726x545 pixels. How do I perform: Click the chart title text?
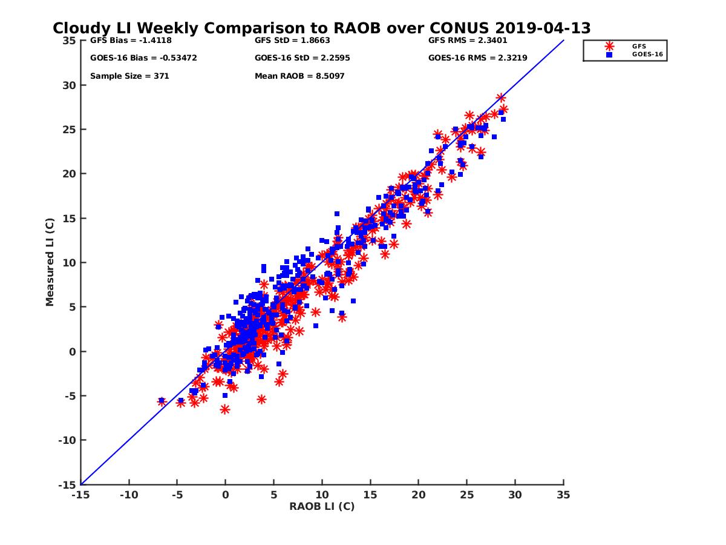point(321,28)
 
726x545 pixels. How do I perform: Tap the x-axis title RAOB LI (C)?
point(321,506)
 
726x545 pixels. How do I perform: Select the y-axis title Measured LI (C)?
point(50,263)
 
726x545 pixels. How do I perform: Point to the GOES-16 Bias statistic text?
point(143,58)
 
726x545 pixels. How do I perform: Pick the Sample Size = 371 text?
point(129,76)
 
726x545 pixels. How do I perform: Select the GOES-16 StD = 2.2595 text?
point(302,58)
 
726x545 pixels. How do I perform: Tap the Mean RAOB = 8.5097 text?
point(299,76)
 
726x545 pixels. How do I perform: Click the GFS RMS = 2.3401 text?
point(468,41)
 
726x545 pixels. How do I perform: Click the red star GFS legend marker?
point(609,46)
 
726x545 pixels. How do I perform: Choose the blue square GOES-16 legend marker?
point(609,54)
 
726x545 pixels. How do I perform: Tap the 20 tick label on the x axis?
point(418,495)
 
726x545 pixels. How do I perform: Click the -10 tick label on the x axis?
point(128,495)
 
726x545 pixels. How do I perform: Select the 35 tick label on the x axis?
point(563,495)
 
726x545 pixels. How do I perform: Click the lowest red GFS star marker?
point(225,410)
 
